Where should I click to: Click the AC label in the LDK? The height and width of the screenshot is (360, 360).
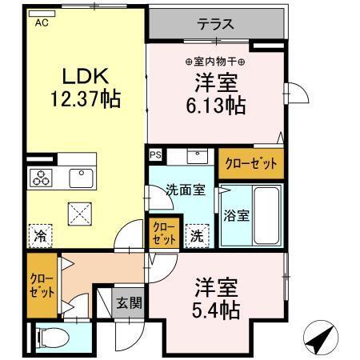[41, 23]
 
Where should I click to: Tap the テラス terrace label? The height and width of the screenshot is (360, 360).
[216, 24]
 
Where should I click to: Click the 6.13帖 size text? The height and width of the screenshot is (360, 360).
[217, 104]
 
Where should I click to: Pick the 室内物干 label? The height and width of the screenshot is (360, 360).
[216, 62]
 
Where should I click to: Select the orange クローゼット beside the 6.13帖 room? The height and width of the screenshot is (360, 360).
[250, 162]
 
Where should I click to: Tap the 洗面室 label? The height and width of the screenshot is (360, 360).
[186, 190]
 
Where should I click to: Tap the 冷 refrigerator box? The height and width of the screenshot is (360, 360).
[39, 235]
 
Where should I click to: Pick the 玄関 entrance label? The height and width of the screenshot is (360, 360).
[128, 303]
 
